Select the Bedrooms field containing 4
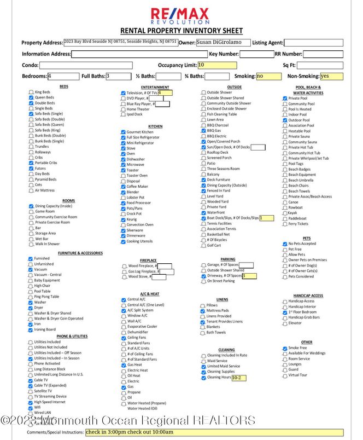(x=63, y=77)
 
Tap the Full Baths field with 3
(x=119, y=77)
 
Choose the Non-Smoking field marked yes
(x=331, y=77)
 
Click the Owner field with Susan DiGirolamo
(x=223, y=43)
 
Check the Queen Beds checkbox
(x=31, y=97)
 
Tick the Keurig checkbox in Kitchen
(x=123, y=219)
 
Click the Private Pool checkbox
(x=285, y=99)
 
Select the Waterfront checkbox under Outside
(x=203, y=212)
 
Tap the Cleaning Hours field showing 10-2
(x=239, y=378)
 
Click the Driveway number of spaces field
(x=249, y=276)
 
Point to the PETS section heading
(x=307, y=238)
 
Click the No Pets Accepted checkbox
(x=285, y=244)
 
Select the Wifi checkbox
(x=31, y=407)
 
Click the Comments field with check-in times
(x=214, y=432)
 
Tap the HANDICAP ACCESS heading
(x=308, y=296)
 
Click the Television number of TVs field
(x=165, y=93)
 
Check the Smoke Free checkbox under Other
(x=285, y=348)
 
